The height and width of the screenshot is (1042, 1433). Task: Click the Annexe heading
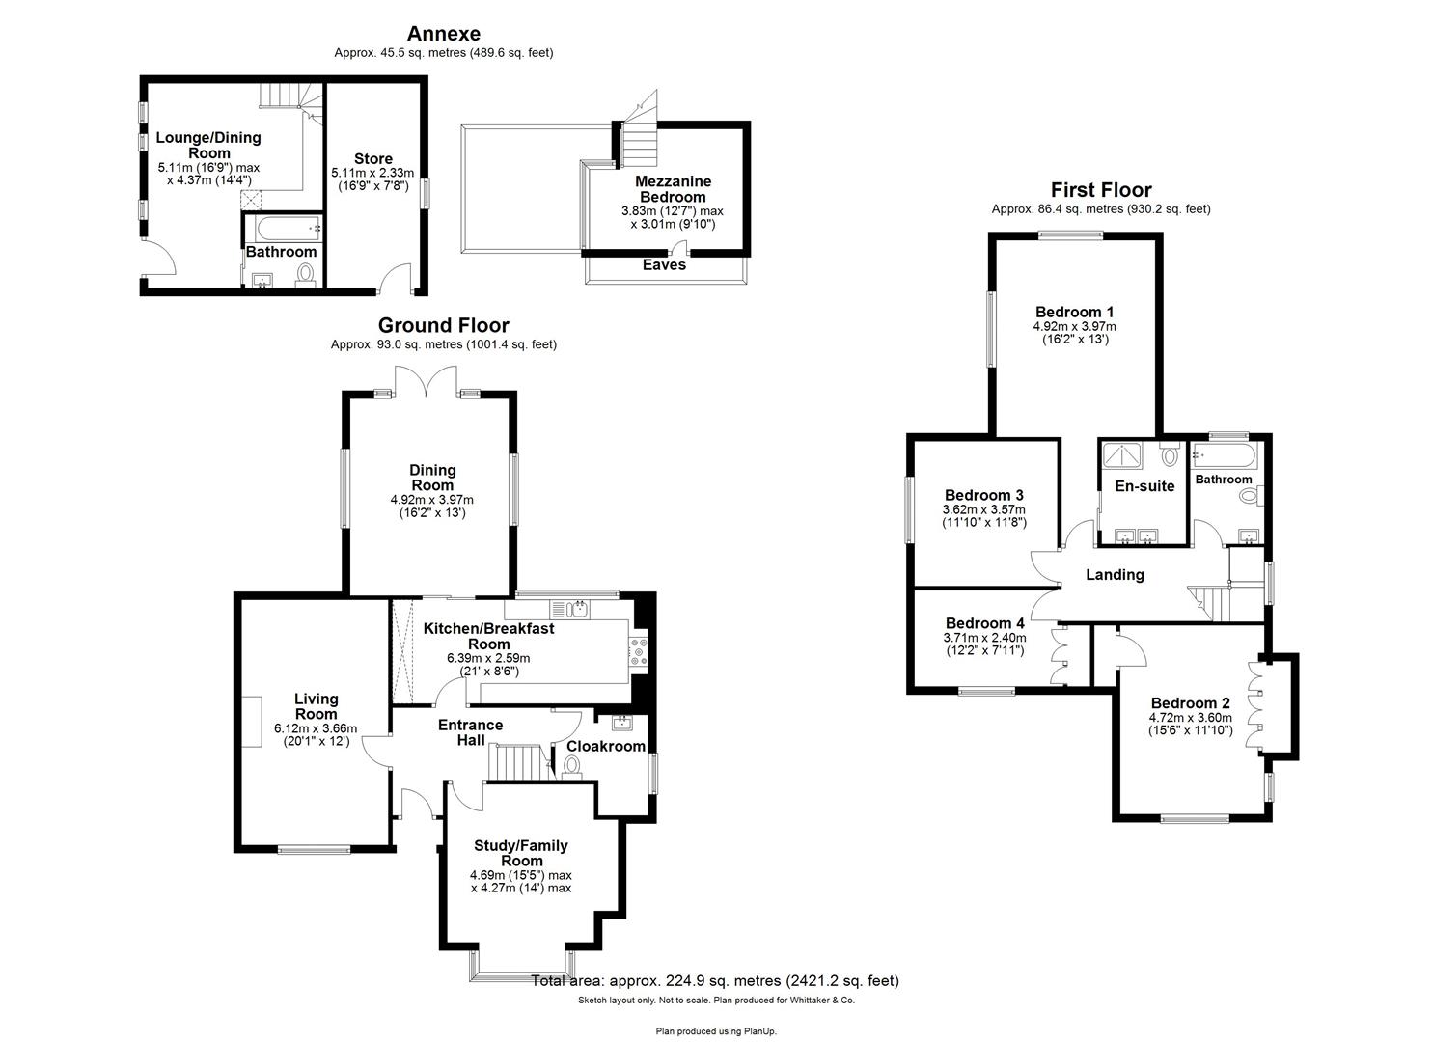pyautogui.click(x=443, y=35)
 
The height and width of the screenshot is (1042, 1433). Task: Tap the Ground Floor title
pyautogui.click(x=443, y=326)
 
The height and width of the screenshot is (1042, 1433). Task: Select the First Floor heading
pyautogui.click(x=1101, y=190)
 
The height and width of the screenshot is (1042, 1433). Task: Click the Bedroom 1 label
pyautogui.click(x=1074, y=312)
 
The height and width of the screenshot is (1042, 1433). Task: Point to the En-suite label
pyautogui.click(x=1144, y=486)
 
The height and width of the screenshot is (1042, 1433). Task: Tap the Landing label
pyautogui.click(x=1115, y=575)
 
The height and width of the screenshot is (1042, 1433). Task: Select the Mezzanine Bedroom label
pyautogui.click(x=673, y=189)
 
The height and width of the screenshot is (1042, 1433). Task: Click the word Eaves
pyautogui.click(x=664, y=264)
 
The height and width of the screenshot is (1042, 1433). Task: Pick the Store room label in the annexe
pyautogui.click(x=372, y=159)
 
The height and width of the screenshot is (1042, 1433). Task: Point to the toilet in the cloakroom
pyautogui.click(x=572, y=765)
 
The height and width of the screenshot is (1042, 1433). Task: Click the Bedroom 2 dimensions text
pyautogui.click(x=1190, y=724)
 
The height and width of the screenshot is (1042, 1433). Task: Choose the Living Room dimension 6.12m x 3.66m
pyautogui.click(x=316, y=728)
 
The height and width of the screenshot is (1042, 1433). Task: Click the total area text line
pyautogui.click(x=715, y=981)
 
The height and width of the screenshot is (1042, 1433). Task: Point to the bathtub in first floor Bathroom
pyautogui.click(x=1223, y=455)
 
